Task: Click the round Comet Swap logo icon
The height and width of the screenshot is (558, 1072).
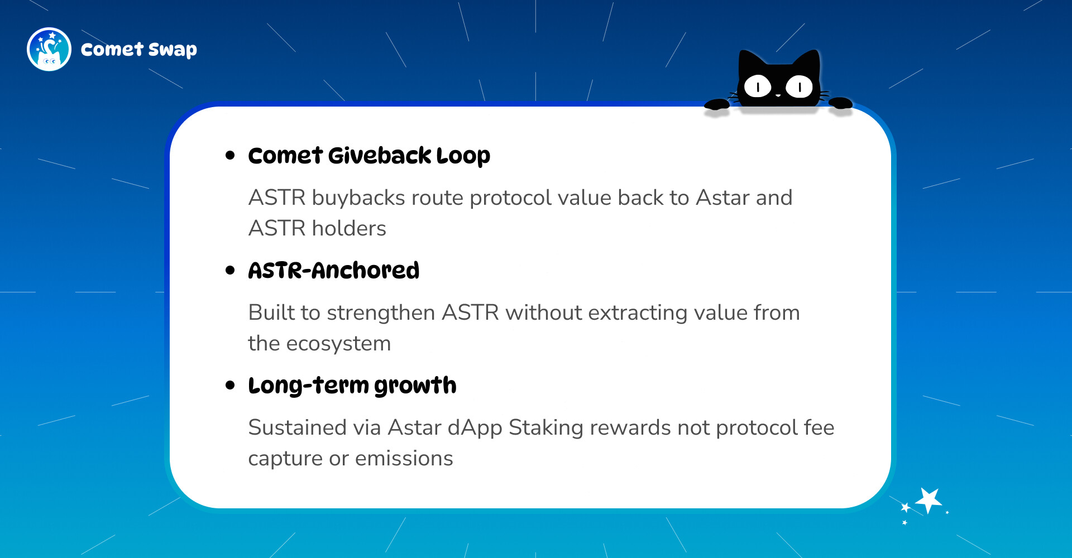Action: coord(49,49)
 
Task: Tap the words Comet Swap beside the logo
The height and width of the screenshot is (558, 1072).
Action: coord(139,50)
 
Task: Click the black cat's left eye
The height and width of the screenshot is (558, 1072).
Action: coord(758,86)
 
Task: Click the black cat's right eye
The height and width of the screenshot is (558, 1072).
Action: coord(800,86)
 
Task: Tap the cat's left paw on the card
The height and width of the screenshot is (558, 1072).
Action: coord(717,103)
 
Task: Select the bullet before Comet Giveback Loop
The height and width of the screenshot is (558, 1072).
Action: coord(230,156)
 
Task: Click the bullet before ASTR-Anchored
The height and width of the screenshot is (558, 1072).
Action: coord(230,271)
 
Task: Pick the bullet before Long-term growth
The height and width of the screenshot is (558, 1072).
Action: coord(230,386)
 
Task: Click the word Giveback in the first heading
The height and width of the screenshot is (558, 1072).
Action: coord(380,156)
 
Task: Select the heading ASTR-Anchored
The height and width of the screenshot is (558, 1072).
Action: coord(334,271)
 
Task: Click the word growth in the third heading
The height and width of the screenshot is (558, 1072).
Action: coord(415,386)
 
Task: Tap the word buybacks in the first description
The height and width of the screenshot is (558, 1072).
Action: coord(358,198)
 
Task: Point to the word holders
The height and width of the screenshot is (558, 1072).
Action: coord(349,228)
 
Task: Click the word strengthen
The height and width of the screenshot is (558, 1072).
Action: coord(381,313)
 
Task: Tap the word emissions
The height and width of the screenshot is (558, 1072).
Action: coord(404,459)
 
